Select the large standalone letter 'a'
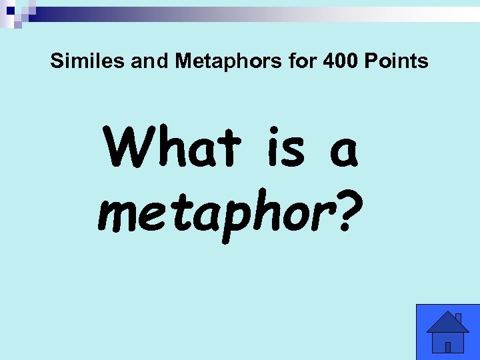pos(342,152)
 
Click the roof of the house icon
pos(447,324)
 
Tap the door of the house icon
pos(448,347)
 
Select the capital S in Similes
pos(56,62)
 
